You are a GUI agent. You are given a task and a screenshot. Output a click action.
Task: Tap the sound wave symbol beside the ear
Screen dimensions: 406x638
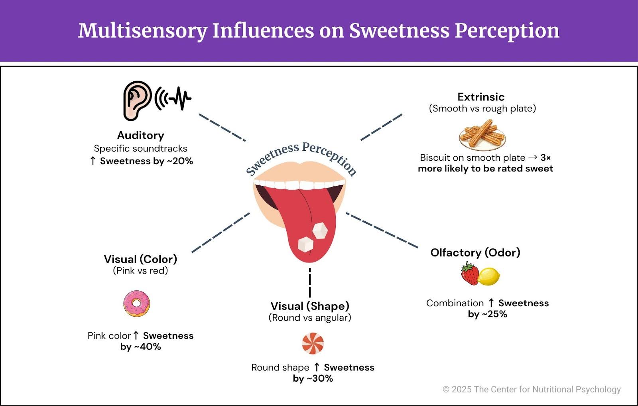(x=173, y=98)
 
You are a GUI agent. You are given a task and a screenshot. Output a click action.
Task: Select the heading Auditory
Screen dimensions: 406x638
(x=140, y=136)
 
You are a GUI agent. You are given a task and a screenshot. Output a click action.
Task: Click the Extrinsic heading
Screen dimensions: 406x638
(x=481, y=97)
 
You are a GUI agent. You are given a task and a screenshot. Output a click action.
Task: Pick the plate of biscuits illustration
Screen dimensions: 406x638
(x=482, y=135)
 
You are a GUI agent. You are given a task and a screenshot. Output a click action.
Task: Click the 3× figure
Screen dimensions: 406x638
(x=545, y=158)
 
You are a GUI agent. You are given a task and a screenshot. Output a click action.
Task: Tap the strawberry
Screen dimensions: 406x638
(x=470, y=274)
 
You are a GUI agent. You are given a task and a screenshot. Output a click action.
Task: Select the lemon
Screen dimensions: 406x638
(x=489, y=276)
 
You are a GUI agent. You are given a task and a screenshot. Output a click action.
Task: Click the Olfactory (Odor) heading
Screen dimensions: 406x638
(x=475, y=252)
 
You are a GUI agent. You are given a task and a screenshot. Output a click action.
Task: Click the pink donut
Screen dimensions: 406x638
(x=136, y=304)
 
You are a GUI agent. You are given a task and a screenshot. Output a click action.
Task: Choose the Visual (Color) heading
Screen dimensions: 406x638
(x=140, y=259)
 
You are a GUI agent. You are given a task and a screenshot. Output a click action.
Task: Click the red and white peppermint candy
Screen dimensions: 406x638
(x=313, y=343)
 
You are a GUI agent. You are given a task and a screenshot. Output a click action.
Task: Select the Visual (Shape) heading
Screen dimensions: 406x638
(x=310, y=306)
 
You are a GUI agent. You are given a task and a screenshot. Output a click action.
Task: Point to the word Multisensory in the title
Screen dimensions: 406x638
(x=142, y=31)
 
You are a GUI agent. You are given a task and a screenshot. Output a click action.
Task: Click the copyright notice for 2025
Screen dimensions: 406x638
(x=532, y=389)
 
